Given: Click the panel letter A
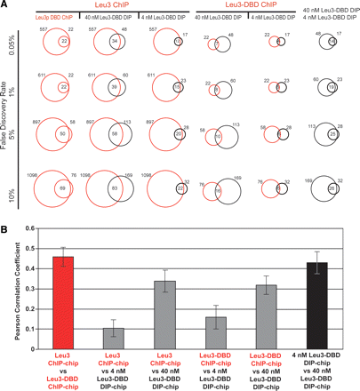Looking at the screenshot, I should pyautogui.click(x=6, y=5).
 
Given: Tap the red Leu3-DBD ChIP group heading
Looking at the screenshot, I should pyautogui.click(x=257, y=5).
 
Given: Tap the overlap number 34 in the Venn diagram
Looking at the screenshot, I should pyautogui.click(x=116, y=41).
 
